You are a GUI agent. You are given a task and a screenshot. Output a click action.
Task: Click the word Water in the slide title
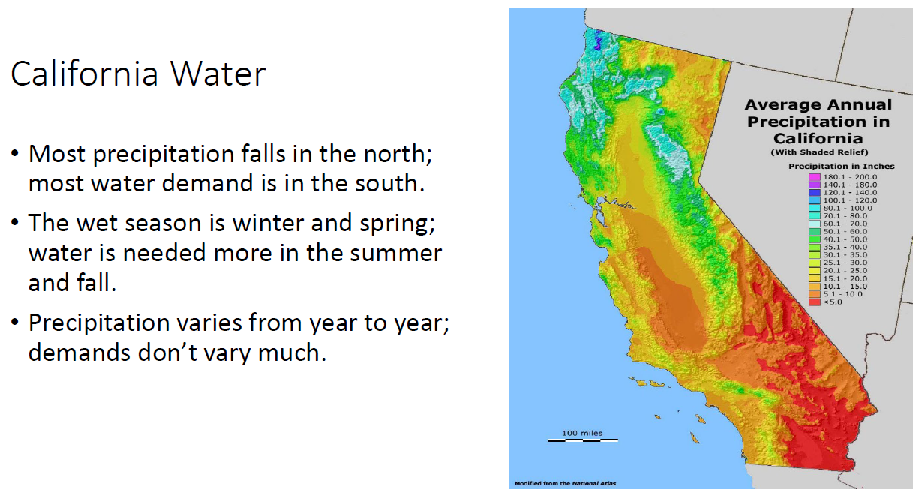pyautogui.click(x=218, y=74)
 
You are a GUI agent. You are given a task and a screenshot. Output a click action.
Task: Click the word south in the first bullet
pyautogui.click(x=386, y=184)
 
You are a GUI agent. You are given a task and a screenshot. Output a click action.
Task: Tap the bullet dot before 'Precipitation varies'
pyautogui.click(x=15, y=321)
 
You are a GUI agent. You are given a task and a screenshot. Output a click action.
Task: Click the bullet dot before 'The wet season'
pyautogui.click(x=15, y=221)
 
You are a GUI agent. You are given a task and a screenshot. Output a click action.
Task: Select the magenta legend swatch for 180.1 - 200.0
pyautogui.click(x=815, y=177)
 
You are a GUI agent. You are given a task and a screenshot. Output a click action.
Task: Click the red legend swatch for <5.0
pyautogui.click(x=815, y=302)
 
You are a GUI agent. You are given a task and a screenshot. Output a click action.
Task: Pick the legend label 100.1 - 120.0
pyautogui.click(x=850, y=200)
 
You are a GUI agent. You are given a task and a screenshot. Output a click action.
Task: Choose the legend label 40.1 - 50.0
pyautogui.click(x=845, y=239)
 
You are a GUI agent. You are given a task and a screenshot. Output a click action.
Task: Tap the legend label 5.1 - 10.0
pyautogui.click(x=842, y=294)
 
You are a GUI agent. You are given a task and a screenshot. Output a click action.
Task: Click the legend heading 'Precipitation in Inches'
pyautogui.click(x=841, y=167)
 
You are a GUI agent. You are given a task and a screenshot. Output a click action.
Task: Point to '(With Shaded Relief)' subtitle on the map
pyautogui.click(x=819, y=152)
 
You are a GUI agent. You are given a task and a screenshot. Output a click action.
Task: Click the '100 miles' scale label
pyautogui.click(x=582, y=433)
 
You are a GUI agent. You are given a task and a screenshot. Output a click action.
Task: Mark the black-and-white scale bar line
pyautogui.click(x=583, y=440)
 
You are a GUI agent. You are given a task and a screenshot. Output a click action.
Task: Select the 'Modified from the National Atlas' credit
pyautogui.click(x=565, y=483)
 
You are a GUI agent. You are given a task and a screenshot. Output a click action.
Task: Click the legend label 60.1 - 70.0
pyautogui.click(x=845, y=224)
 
